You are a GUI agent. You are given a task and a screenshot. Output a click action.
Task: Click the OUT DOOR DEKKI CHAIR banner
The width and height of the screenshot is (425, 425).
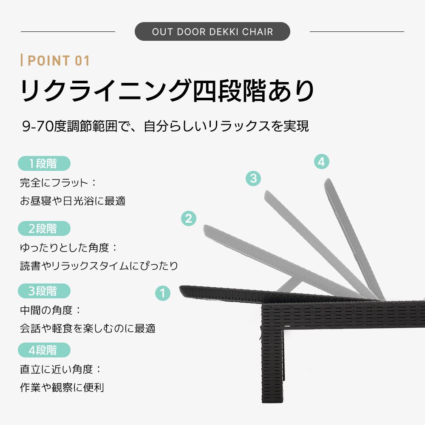pos(212,31)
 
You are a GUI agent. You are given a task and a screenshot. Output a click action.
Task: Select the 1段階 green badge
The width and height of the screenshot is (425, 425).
pos(44,164)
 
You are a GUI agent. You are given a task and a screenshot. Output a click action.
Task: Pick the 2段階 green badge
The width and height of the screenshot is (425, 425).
pos(44,229)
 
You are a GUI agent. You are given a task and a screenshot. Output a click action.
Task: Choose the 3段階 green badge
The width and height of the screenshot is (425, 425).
pos(44,291)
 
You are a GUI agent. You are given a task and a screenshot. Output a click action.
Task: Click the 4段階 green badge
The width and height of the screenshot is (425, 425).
pos(44,350)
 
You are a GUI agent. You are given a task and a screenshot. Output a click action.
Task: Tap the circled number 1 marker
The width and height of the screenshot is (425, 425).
pos(163,293)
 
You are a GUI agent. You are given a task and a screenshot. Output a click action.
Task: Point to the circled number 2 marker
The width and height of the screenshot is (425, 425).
pos(189,218)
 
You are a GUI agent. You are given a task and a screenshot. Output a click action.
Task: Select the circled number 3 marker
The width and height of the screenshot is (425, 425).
pos(253,178)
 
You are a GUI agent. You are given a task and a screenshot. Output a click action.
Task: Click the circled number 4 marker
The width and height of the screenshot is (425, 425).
pos(321,161)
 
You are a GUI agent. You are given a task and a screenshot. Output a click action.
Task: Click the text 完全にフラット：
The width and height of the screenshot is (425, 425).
pos(58,183)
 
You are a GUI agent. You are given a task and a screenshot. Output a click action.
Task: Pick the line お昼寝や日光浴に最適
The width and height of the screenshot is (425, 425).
pos(73,201)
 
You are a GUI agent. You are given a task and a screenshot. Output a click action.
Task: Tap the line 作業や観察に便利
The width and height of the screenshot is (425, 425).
pos(62,387)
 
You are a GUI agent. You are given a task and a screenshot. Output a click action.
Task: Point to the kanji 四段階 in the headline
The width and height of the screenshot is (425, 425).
pos(229,91)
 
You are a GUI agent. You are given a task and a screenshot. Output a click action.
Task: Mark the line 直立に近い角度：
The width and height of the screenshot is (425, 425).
pos(60,369)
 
